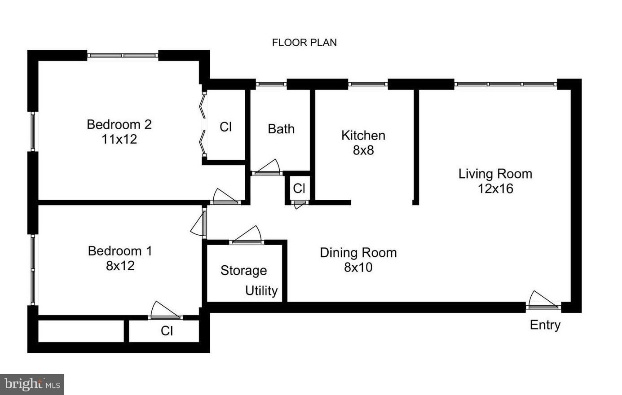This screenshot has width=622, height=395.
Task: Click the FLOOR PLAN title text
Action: click(x=304, y=43)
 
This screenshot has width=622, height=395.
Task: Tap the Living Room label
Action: click(x=495, y=174)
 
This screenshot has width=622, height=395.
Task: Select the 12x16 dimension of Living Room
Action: click(x=495, y=189)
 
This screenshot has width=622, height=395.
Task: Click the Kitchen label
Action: click(x=363, y=135)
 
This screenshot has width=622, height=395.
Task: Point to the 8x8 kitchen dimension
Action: click(x=363, y=150)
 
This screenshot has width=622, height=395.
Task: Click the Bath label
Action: click(x=281, y=129)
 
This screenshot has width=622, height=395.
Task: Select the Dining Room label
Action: click(x=358, y=253)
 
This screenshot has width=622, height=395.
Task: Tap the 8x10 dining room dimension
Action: click(x=358, y=268)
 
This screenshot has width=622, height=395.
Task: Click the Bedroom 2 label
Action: click(x=119, y=124)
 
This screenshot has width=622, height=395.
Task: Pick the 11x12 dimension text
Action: click(x=119, y=139)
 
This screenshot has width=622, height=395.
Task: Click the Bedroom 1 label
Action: click(x=120, y=251)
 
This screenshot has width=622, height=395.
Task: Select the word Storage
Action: click(x=243, y=271)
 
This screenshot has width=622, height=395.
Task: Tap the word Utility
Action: click(x=261, y=291)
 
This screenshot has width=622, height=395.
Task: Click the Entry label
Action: click(x=545, y=325)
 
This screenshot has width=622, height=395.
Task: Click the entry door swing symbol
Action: click(x=543, y=301)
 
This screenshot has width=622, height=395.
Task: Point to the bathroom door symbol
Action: click(x=268, y=168)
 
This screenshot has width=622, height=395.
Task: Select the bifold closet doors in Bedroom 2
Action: click(x=203, y=124)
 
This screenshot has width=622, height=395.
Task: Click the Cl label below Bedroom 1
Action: click(x=167, y=331)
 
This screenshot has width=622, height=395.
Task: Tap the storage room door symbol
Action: click(x=246, y=236)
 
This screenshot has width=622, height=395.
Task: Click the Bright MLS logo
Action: click(x=32, y=384)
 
